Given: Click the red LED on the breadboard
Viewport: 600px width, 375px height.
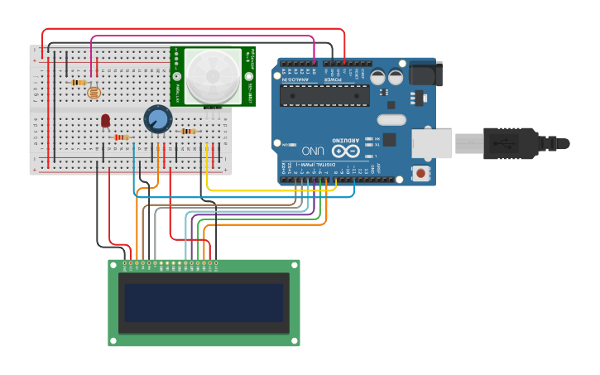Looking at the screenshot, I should (105, 120).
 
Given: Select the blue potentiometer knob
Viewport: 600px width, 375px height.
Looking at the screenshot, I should (157, 118).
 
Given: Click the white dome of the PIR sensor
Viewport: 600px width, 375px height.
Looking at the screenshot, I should (213, 76).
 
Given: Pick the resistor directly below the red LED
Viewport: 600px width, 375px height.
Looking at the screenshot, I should (121, 137).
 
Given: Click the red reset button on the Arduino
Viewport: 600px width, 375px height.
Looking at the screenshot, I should (422, 173).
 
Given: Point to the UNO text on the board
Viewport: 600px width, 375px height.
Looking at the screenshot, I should (313, 151).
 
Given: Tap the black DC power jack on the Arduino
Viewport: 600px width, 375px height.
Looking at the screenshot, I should (422, 74).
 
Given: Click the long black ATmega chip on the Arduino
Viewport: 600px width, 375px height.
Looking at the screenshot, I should (324, 95).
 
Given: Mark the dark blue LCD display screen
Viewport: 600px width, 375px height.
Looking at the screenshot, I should (204, 303).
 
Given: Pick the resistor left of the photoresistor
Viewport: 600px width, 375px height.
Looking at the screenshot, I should (79, 82).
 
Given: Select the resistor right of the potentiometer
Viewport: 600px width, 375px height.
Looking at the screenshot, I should (189, 131).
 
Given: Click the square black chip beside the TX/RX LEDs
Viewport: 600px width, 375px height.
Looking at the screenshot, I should (389, 140).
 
